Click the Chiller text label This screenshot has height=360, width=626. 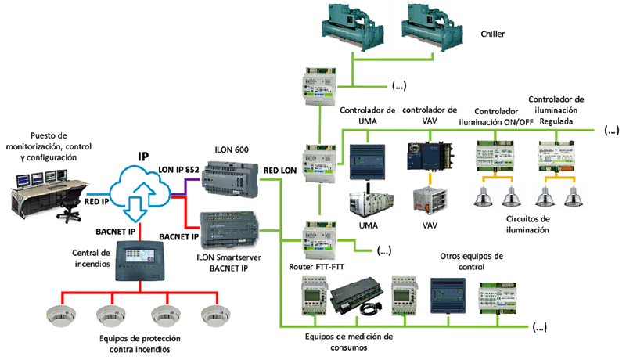point(495,34)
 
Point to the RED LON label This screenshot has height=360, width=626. point(279,168)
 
